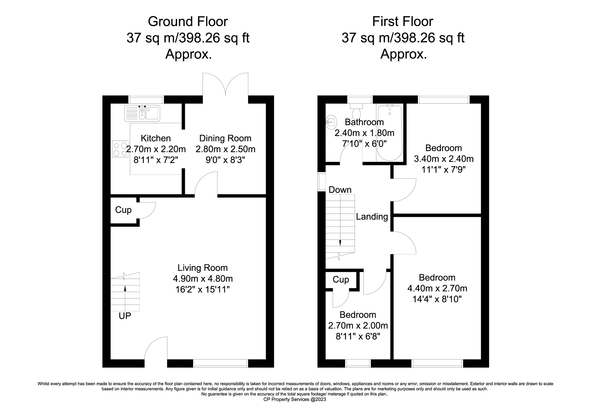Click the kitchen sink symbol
[142, 113]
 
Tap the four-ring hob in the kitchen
[120, 149]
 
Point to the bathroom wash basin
[331, 122]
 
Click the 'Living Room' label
[203, 268]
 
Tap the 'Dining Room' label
[225, 138]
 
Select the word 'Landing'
[372, 217]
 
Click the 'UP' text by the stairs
[125, 316]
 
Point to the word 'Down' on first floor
[340, 190]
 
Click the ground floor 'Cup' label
[123, 210]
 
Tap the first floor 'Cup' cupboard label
[341, 279]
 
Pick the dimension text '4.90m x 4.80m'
[203, 279]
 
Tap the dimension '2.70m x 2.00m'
[358, 326]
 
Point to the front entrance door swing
[156, 349]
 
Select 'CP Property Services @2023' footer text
[295, 399]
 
